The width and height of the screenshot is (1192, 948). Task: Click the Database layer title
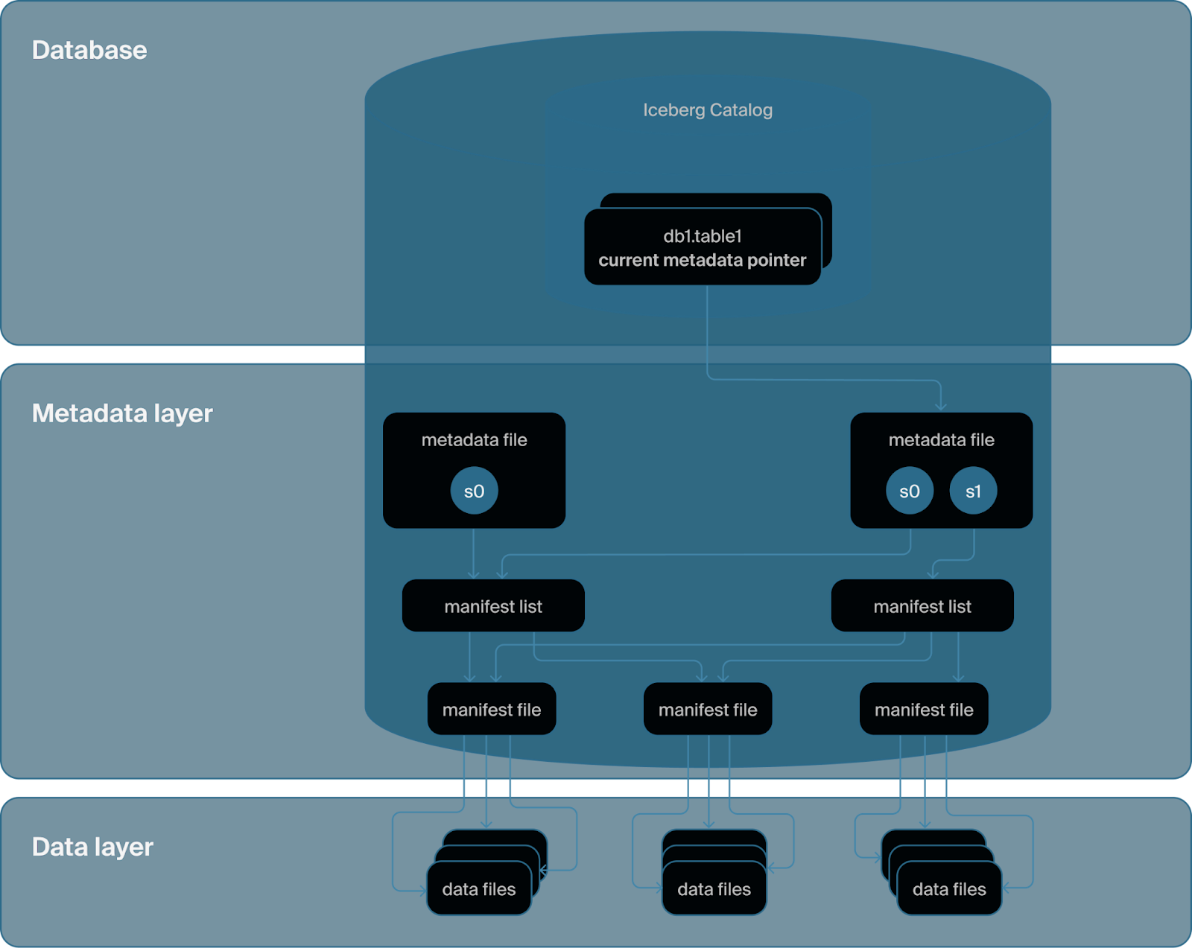(x=89, y=51)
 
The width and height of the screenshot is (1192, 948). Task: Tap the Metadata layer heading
(x=122, y=413)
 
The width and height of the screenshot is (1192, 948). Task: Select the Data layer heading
(x=92, y=847)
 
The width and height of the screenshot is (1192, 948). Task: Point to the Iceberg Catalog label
(x=707, y=110)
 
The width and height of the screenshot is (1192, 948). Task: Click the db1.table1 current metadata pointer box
(x=703, y=246)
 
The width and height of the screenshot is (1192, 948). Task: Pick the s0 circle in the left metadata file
(x=474, y=491)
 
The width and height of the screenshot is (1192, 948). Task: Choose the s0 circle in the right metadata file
(x=910, y=491)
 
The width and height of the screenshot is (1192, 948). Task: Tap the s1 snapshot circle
(x=973, y=491)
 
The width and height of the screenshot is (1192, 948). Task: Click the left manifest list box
(x=493, y=605)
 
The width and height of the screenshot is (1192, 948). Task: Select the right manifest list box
(x=922, y=605)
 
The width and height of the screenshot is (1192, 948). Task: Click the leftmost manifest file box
(x=491, y=709)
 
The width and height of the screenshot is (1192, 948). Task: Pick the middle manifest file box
(x=707, y=709)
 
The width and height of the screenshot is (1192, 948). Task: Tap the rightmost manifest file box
(x=923, y=709)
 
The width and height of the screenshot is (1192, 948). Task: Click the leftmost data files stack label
(x=478, y=889)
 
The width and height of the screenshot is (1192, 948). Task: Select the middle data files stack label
(x=714, y=889)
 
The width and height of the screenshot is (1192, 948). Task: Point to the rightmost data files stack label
(x=949, y=889)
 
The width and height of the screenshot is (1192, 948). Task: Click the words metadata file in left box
(x=474, y=439)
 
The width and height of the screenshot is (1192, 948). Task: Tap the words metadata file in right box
(x=941, y=439)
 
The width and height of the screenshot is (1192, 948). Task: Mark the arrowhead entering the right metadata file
(x=940, y=408)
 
